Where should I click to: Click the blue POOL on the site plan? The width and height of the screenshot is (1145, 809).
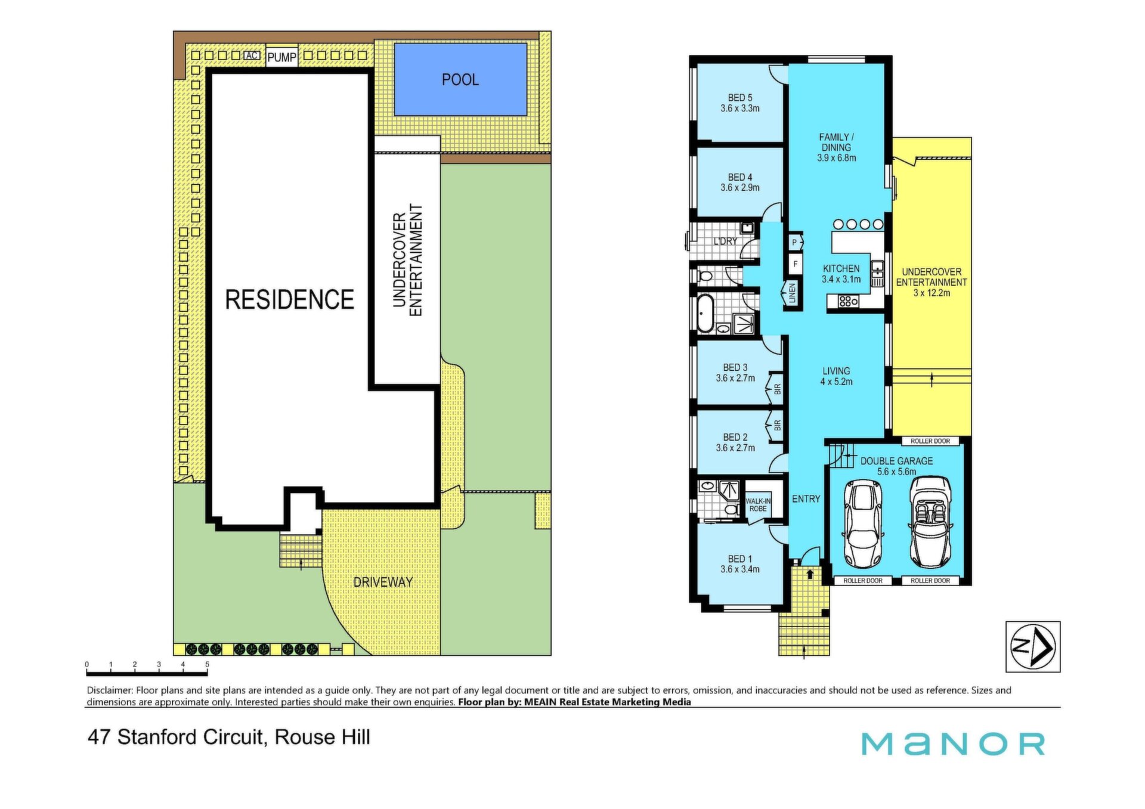point(460,79)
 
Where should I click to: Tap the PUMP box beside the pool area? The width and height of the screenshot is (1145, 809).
point(281,57)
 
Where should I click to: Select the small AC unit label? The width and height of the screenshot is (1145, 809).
point(252,55)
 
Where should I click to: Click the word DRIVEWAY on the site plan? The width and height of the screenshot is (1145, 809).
point(383,582)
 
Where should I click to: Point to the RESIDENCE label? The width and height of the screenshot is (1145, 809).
point(290,299)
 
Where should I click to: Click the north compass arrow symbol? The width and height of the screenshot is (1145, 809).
point(1033,646)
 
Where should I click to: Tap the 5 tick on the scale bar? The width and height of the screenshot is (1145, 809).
point(207,664)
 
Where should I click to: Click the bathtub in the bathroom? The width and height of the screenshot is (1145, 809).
point(705,313)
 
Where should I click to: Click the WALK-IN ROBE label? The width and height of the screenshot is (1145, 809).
point(758,505)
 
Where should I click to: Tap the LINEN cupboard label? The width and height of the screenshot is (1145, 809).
point(792,293)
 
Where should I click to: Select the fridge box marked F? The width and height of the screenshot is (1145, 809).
point(795,264)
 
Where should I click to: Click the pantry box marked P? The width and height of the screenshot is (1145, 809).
point(794,243)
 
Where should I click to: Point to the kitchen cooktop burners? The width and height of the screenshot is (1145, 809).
point(848,302)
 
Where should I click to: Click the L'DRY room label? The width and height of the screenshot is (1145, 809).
point(725,241)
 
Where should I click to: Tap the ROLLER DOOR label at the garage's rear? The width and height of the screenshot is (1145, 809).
point(930,441)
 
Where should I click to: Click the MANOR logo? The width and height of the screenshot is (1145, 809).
point(953,743)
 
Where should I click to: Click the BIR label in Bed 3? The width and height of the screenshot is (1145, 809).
point(777,389)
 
